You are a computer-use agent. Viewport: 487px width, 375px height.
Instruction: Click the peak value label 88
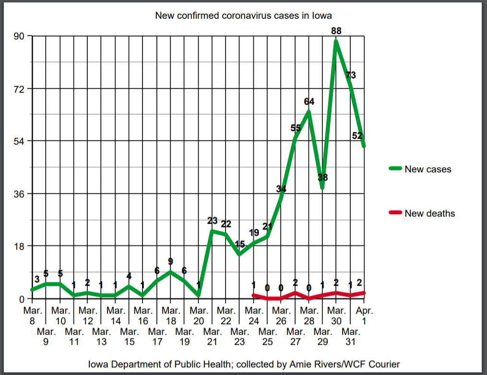tap(336, 31)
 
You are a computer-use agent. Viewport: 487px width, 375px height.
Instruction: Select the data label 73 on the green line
tap(351, 75)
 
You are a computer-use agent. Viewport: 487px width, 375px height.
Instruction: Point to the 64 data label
tap(309, 102)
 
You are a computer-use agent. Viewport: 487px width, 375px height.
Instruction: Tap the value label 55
tap(296, 128)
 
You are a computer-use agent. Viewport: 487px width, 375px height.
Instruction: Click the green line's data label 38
tap(323, 177)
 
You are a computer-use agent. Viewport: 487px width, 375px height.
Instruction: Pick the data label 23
tap(212, 221)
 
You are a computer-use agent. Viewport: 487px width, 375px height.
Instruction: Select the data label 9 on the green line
tap(170, 261)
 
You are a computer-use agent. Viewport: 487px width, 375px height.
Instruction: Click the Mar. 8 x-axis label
tap(32, 315)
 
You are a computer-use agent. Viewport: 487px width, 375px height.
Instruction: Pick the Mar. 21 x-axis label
tap(212, 336)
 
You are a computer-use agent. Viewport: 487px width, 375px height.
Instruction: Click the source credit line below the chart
tap(244, 364)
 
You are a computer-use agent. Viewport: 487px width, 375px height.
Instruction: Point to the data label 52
tap(357, 136)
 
